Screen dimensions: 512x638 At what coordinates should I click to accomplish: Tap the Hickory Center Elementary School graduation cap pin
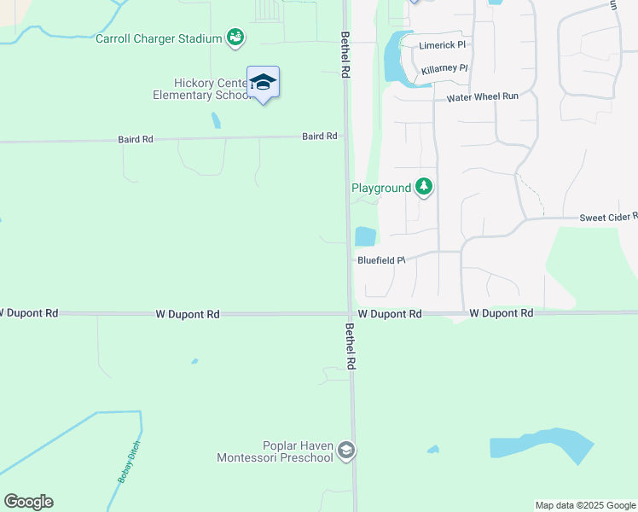pos(263,83)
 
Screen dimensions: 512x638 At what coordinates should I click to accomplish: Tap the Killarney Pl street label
pos(444,68)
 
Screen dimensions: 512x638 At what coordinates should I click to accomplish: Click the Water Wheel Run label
pos(483,97)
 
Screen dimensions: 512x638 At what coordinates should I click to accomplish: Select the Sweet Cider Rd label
pos(608,218)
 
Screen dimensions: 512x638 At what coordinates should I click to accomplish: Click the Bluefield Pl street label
pos(380,260)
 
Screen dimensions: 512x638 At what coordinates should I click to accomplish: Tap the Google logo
pos(28,502)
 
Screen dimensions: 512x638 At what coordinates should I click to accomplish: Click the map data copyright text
pos(586,506)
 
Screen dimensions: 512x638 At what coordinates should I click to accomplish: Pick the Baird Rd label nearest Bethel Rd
pos(320,137)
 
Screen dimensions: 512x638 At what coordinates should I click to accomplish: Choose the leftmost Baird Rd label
pos(135,138)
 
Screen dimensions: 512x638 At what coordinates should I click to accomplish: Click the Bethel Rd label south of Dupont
pos(350,346)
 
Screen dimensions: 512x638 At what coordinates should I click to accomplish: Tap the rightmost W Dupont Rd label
pos(501,314)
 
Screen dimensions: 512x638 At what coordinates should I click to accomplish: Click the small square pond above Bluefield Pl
pos(365,236)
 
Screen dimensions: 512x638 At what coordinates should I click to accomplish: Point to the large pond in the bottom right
pos(541,446)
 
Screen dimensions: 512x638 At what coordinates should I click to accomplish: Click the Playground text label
pos(381,188)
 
